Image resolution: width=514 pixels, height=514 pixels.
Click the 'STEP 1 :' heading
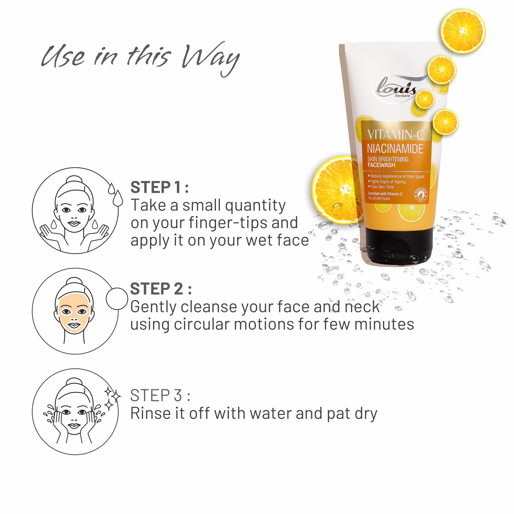159,187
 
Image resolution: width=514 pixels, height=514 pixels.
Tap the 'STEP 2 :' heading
161,289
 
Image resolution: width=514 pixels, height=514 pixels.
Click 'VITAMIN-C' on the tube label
396,134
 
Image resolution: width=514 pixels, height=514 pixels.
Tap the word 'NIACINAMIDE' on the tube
395,149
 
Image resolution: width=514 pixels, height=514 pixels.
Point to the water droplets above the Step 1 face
115,194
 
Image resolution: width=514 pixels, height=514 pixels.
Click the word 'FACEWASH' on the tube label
381,165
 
